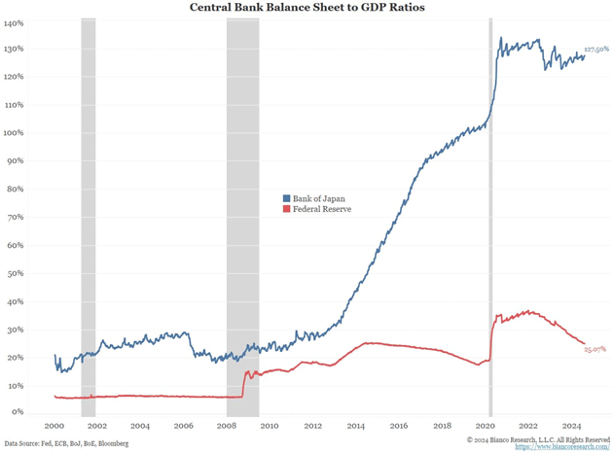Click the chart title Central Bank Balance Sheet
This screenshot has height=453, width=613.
tap(306, 8)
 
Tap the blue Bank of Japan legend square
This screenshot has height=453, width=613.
tap(286, 198)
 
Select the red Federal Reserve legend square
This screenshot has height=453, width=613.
tap(286, 209)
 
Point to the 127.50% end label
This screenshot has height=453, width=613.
tap(595, 49)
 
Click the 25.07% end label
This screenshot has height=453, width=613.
tap(595, 349)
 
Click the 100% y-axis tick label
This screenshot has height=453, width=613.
tap(14, 133)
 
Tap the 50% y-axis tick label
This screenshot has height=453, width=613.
tap(16, 274)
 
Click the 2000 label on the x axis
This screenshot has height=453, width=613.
tap(54, 426)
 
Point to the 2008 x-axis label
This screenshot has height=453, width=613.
tap(227, 426)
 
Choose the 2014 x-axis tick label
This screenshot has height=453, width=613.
tap(356, 426)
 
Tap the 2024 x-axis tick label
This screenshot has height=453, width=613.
tap(571, 426)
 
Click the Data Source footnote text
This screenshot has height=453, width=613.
tap(66, 443)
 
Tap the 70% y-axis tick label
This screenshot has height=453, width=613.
tap(16, 218)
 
